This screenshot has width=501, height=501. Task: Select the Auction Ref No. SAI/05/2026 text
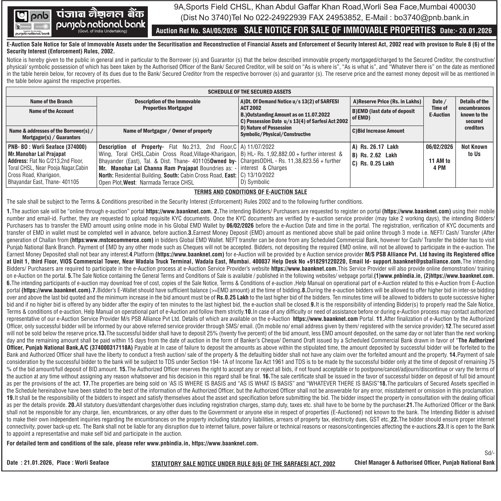(196, 31)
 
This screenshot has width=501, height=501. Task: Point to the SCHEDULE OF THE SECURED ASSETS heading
(249, 92)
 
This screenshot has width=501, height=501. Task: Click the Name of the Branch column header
(51, 101)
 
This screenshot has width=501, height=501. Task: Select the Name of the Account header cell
(51, 111)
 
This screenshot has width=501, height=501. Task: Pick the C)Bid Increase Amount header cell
(378, 131)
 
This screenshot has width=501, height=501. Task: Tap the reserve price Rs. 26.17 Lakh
(379, 147)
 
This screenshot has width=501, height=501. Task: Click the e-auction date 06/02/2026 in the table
(439, 147)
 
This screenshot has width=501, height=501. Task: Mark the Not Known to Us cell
(474, 150)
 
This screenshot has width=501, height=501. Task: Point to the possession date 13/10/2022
(260, 175)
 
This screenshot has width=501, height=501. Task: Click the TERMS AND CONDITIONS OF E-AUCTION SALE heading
(250, 192)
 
